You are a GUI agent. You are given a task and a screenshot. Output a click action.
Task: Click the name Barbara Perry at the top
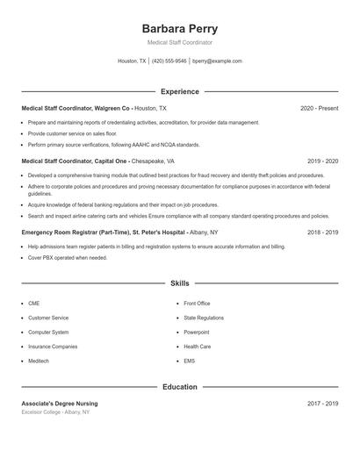(179, 28)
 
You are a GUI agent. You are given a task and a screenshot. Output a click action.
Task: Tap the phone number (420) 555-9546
(169, 61)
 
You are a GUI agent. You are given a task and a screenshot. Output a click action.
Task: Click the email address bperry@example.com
(217, 61)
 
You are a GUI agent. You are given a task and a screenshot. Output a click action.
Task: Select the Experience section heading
(179, 91)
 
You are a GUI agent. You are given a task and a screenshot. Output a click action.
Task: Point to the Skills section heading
(179, 283)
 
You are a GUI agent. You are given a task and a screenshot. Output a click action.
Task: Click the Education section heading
(179, 386)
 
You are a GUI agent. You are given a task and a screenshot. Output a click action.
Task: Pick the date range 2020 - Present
(319, 108)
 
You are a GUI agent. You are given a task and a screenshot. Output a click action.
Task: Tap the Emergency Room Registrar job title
(119, 232)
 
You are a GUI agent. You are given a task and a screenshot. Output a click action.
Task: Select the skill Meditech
(39, 361)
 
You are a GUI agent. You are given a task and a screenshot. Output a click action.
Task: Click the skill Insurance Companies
(53, 347)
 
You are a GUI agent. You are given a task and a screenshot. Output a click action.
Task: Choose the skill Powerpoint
(197, 333)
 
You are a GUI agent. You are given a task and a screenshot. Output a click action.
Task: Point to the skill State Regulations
(204, 318)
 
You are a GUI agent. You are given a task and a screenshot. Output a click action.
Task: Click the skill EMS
(189, 361)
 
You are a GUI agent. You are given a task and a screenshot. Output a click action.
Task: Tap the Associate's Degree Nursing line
(60, 404)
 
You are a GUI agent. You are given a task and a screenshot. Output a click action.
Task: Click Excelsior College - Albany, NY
(57, 411)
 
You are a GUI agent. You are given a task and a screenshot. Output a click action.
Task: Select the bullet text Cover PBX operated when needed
(68, 258)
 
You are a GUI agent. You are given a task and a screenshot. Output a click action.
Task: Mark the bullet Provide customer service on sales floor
(73, 133)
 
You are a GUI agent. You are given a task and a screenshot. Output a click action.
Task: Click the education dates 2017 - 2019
(322, 404)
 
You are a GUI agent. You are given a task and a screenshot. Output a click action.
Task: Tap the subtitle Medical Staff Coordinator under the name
(179, 42)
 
